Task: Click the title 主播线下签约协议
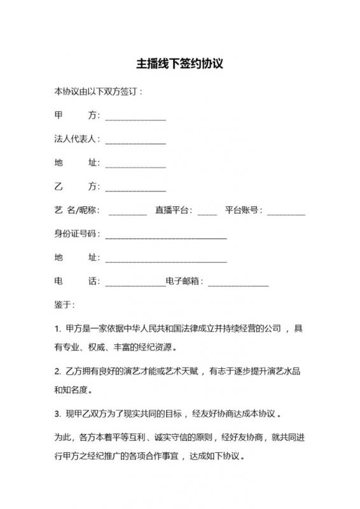pyautogui.click(x=180, y=64)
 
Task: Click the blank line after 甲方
pyautogui.click(x=135, y=119)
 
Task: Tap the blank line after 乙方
pyautogui.click(x=135, y=190)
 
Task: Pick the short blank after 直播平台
pyautogui.click(x=207, y=213)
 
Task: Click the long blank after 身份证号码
pyautogui.click(x=165, y=237)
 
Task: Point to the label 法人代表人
pyautogui.click(x=75, y=139)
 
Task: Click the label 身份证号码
pyautogui.click(x=75, y=234)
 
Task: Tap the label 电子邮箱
pyautogui.click(x=184, y=281)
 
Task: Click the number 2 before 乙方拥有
pyautogui.click(x=57, y=371)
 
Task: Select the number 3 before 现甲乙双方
pyautogui.click(x=57, y=414)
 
